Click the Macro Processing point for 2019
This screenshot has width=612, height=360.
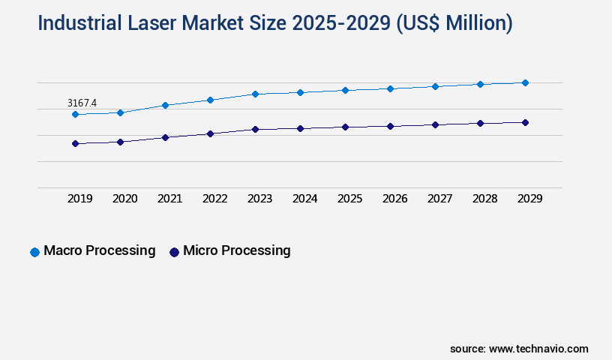75,114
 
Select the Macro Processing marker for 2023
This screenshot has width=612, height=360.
255,94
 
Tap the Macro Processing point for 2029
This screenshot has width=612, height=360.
525,82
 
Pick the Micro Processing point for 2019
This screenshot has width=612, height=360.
75,143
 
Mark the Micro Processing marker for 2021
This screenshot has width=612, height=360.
165,137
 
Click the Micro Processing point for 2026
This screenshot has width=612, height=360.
390,126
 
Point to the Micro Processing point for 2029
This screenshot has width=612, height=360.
525,122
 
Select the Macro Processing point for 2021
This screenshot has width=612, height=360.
165,105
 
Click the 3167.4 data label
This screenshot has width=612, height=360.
82,102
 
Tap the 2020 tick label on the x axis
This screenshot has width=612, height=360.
124,199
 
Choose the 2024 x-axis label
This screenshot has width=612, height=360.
304,199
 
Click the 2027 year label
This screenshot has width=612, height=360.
439,199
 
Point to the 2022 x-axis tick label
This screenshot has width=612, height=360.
214,199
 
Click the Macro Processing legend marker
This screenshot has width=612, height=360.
34,252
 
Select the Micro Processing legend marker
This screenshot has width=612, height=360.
174,252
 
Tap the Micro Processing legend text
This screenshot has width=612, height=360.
236,250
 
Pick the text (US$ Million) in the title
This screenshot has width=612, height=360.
454,23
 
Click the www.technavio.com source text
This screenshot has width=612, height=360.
538,349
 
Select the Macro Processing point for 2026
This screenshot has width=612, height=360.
390,88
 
